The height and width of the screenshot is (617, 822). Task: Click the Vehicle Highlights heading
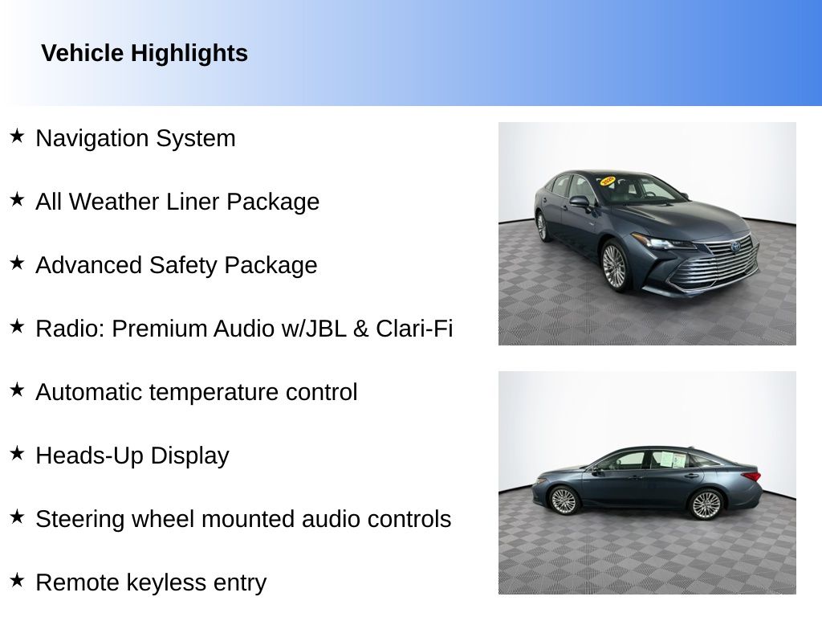[x=144, y=54]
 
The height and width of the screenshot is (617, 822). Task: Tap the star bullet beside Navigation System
[x=17, y=136]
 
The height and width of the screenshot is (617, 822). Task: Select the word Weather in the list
[x=144, y=202]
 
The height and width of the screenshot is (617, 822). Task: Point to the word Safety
[x=183, y=265]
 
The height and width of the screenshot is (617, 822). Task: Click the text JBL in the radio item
[x=326, y=329]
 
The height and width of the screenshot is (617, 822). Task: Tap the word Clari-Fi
[x=414, y=329]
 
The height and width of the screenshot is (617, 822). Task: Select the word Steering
[x=79, y=520]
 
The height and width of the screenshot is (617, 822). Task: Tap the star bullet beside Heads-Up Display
[x=17, y=453]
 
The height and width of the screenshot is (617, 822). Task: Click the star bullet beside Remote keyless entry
[x=17, y=580]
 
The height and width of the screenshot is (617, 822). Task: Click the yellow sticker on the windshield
[x=608, y=181]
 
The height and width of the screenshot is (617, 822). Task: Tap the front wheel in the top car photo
[x=615, y=265]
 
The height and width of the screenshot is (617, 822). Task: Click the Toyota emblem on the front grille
[x=735, y=246]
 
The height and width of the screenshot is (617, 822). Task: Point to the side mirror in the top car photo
[x=580, y=202]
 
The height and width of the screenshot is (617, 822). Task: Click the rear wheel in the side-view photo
[x=706, y=505]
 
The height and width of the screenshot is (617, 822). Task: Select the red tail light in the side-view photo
[x=751, y=476]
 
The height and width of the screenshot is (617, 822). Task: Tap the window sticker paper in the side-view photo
[x=672, y=460]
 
